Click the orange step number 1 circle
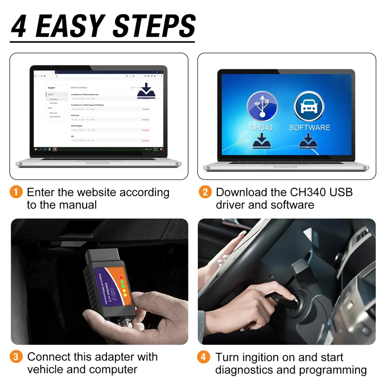coord(16,192)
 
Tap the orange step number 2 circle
coord(205,192)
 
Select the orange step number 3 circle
coord(16,357)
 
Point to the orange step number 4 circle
coord(205,358)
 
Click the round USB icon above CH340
coord(262,107)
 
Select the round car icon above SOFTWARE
coord(309,107)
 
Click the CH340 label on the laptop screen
coord(262,128)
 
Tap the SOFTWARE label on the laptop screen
coord(309,128)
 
